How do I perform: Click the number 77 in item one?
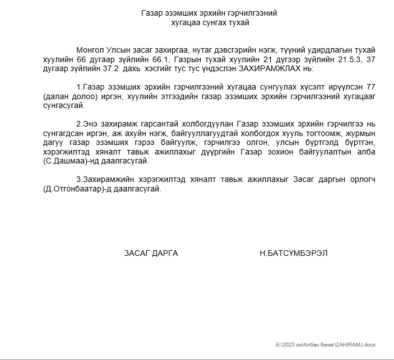(369, 87)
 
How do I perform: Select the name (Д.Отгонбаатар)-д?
(82, 189)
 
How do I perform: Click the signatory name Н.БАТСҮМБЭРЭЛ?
(294, 253)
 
